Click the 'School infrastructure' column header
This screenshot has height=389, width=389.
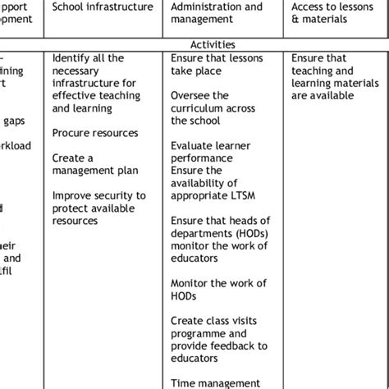(x=103, y=7)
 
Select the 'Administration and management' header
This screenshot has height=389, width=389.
(x=217, y=13)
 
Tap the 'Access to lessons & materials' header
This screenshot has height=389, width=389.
(x=332, y=13)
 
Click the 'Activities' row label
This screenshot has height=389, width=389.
(x=213, y=44)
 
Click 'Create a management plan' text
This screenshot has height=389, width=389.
(x=94, y=164)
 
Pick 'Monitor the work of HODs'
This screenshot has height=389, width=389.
(x=218, y=290)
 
